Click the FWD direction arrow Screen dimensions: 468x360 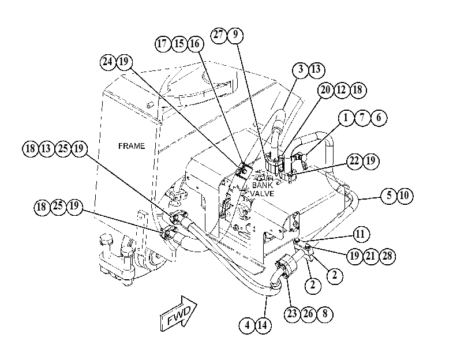(178, 314)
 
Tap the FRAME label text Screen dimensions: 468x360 (132, 146)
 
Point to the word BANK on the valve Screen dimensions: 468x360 (263, 185)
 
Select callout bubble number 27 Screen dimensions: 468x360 (219, 35)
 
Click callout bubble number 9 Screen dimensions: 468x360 (235, 35)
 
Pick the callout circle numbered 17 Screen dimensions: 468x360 (163, 44)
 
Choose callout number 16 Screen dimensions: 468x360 (196, 44)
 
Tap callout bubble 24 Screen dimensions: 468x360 (108, 62)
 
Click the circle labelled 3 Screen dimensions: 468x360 (300, 70)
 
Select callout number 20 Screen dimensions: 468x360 (325, 90)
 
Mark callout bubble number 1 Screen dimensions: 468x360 (346, 118)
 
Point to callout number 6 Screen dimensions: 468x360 (379, 118)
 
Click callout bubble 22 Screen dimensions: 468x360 (354, 162)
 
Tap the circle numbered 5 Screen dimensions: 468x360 (389, 196)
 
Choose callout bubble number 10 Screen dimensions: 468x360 (405, 196)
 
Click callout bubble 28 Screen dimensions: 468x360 (387, 256)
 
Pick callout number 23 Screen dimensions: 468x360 (292, 314)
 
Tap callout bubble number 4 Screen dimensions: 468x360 (247, 325)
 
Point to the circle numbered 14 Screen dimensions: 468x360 (263, 325)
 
